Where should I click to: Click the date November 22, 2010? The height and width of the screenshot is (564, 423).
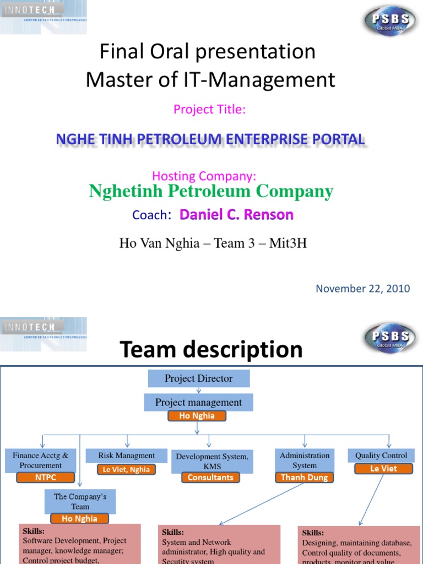[x=362, y=289]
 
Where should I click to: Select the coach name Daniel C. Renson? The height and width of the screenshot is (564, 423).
[x=236, y=214]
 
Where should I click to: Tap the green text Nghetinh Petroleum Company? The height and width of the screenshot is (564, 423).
[x=211, y=192]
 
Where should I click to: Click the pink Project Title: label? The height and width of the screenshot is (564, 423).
[x=209, y=109]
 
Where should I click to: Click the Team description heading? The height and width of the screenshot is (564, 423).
[x=211, y=349]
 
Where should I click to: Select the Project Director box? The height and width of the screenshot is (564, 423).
[x=198, y=378]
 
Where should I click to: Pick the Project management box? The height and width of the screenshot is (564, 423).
[x=198, y=403]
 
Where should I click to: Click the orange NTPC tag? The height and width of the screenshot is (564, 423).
[x=45, y=478]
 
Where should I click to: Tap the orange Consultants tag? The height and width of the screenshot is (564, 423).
[x=210, y=478]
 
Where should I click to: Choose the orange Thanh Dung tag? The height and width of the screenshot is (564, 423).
[x=304, y=478]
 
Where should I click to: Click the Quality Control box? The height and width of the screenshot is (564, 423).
[x=382, y=455]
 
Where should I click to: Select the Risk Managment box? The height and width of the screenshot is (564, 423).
[x=127, y=455]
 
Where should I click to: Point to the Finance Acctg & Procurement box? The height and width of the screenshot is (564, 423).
[x=41, y=460]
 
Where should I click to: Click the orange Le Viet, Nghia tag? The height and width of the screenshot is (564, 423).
[x=126, y=469]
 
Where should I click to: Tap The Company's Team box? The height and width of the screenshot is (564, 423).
[x=80, y=501]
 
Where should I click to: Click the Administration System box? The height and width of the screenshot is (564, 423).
[x=305, y=460]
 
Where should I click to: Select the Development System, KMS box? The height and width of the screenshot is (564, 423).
[x=212, y=460]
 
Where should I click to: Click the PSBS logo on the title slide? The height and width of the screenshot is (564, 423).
[x=389, y=21]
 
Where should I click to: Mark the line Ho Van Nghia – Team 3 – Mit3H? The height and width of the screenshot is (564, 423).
[x=213, y=243]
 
